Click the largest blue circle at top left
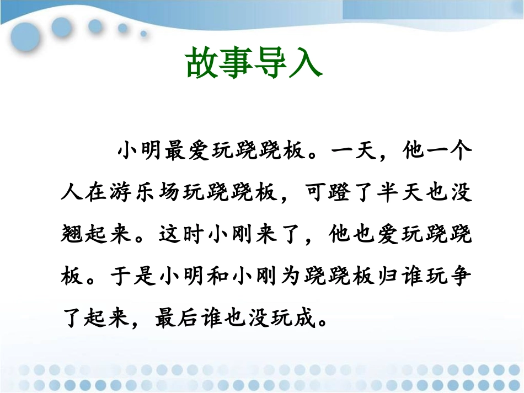pyautogui.click(x=25, y=37)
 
